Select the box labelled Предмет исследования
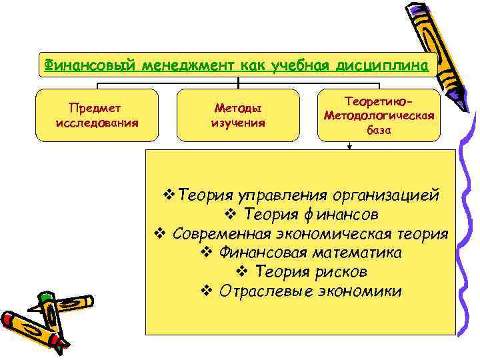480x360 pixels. point(97,115)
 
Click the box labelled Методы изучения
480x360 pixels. point(238,115)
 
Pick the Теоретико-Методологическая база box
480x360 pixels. point(379,115)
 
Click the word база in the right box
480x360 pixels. point(379,131)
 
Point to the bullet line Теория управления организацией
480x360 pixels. point(301,195)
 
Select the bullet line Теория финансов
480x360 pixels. point(301,215)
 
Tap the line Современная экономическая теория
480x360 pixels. point(301,234)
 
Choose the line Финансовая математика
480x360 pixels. point(301,253)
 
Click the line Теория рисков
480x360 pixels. point(301,272)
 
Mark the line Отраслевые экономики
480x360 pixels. point(301,291)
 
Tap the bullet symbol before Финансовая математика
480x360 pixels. point(205,253)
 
